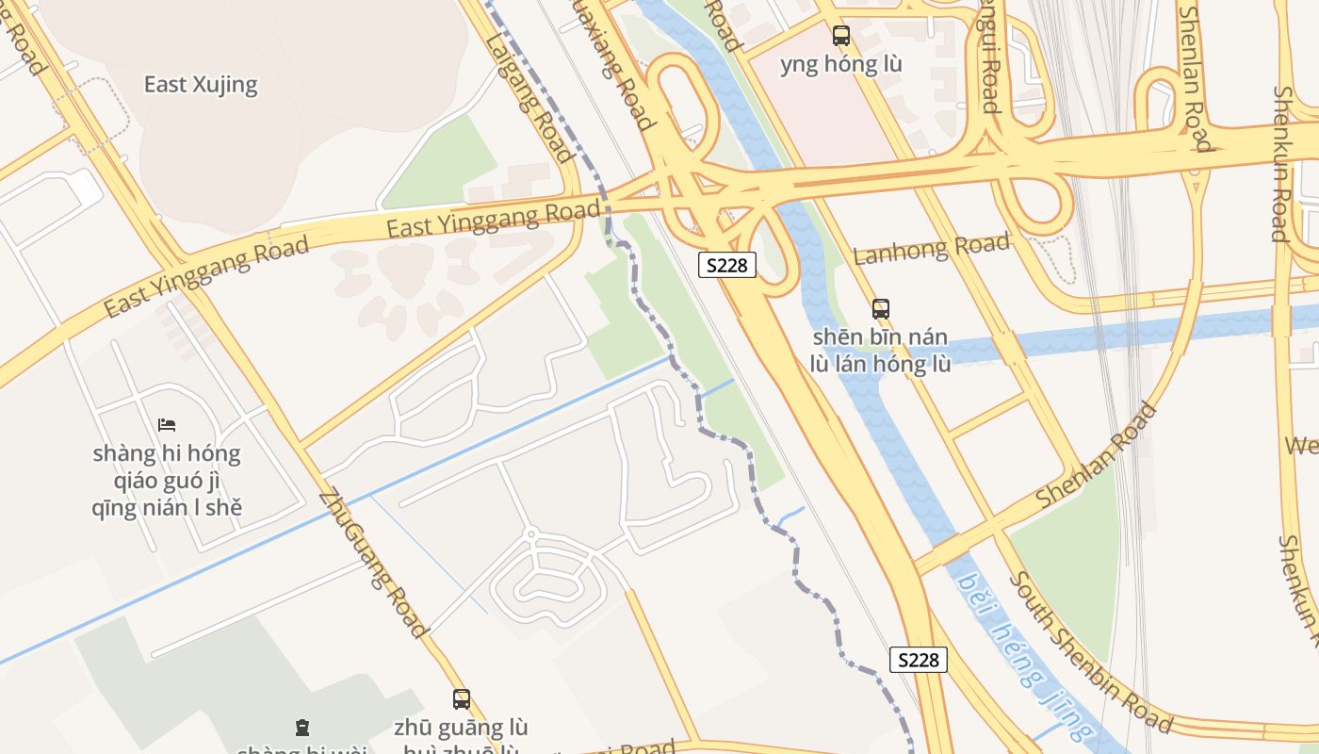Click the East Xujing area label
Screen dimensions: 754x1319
(200, 85)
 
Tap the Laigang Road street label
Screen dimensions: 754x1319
(529, 94)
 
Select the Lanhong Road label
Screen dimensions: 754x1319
(931, 249)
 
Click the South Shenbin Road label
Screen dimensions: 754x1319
(1090, 652)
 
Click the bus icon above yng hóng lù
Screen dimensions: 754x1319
(841, 36)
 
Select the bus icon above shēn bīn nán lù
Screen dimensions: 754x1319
(881, 308)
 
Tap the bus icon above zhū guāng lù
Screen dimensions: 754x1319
(462, 699)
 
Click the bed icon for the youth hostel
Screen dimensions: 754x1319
(167, 425)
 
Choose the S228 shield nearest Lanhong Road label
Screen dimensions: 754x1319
(727, 265)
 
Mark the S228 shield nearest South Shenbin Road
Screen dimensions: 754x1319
(919, 660)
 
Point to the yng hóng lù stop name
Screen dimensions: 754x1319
(841, 64)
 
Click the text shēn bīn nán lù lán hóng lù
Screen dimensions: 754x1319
(881, 351)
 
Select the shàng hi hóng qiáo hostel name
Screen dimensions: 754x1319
(167, 481)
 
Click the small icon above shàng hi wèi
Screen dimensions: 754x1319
(301, 728)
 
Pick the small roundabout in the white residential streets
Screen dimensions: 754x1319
(531, 534)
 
